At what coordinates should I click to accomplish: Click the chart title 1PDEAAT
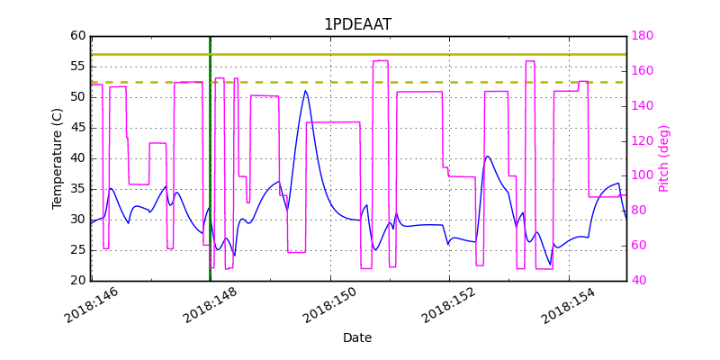point(357,24)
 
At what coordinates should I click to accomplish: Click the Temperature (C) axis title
point(58,158)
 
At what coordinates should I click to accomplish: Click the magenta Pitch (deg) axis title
point(664,158)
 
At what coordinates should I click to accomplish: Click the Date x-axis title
point(357,337)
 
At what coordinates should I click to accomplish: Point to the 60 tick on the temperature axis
point(77,36)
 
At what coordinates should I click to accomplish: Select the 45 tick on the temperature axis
point(77,128)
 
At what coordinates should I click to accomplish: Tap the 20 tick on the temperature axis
point(77,281)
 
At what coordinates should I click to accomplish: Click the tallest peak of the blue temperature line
point(305,91)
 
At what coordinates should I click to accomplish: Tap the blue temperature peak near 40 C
point(487,157)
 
